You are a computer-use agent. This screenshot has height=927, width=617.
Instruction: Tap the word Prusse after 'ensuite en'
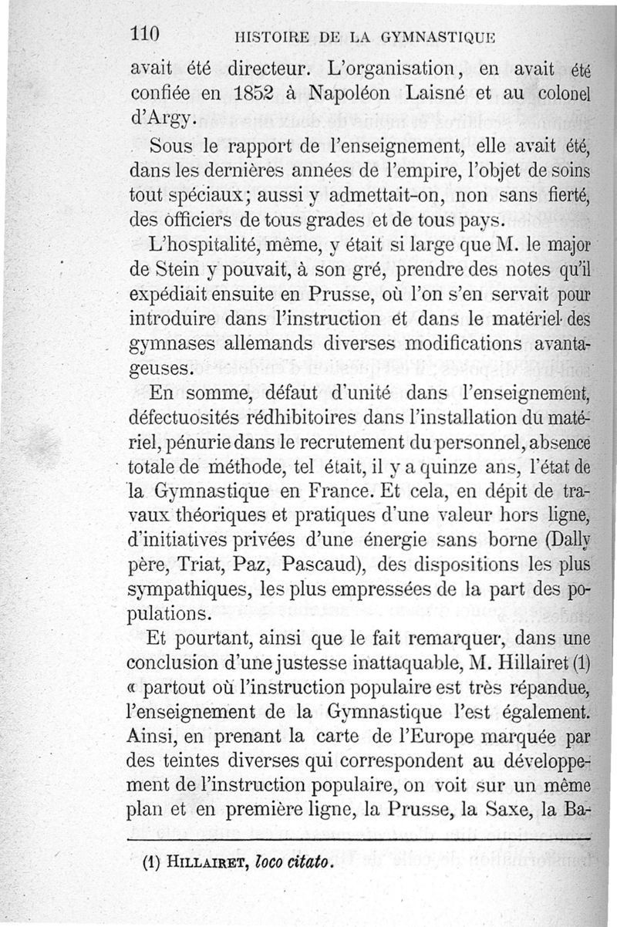350,297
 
